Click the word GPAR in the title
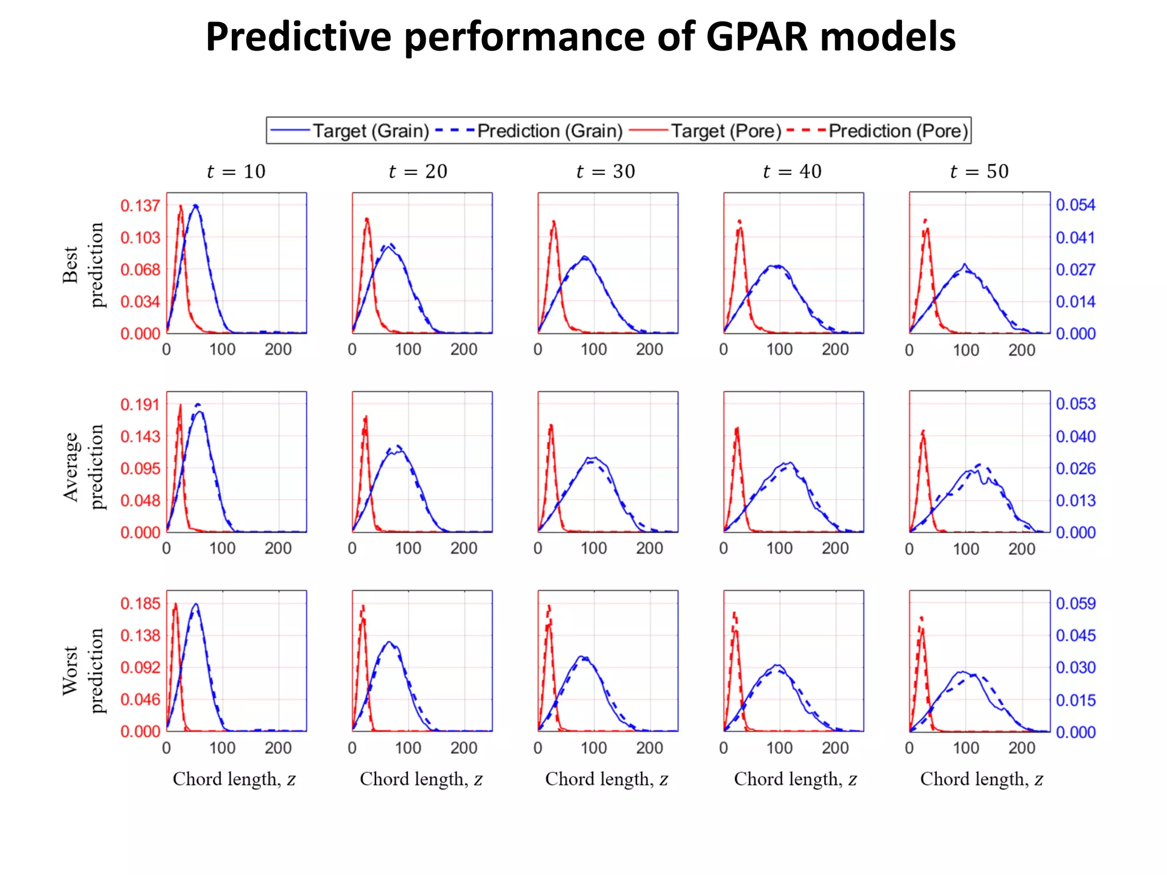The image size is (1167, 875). click(757, 38)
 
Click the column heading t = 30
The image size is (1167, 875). click(606, 171)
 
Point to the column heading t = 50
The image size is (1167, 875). click(979, 171)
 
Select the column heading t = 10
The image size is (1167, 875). click(236, 171)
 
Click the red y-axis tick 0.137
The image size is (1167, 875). click(140, 206)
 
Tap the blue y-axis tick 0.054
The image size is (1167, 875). click(1075, 205)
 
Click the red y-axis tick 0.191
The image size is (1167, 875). click(140, 404)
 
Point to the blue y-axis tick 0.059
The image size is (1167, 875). click(1075, 603)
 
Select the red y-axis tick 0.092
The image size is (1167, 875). click(140, 667)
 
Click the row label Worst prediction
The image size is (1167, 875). click(83, 670)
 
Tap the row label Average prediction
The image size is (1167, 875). click(83, 467)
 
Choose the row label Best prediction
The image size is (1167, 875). click(83, 265)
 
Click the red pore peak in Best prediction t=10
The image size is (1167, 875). click(181, 207)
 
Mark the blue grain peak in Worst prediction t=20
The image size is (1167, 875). click(389, 643)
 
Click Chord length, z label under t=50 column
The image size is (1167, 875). click(981, 779)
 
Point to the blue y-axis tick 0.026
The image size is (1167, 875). click(1075, 468)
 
